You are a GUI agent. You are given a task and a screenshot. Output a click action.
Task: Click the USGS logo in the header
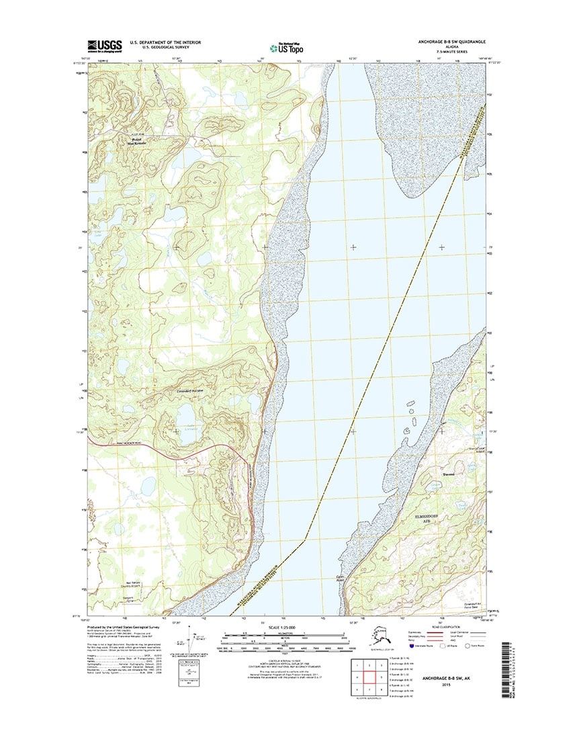point(104,46)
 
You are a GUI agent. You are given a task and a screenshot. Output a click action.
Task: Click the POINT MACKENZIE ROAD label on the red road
point(130,444)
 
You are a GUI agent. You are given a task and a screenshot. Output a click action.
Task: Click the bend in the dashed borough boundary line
point(306,538)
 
